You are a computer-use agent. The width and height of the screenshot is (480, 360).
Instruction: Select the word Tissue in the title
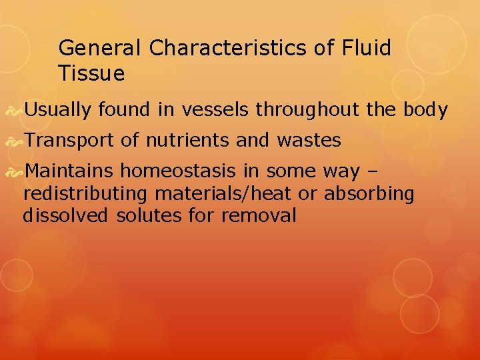click(91, 73)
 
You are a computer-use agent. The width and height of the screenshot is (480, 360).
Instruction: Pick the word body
click(427, 110)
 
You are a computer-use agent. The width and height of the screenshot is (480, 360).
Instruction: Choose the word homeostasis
click(189, 171)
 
